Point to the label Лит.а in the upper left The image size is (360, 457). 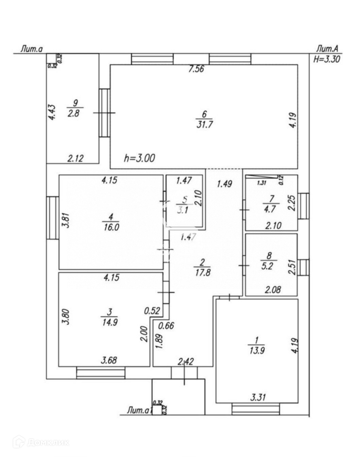pyautogui.click(x=31, y=49)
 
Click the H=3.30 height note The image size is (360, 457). pyautogui.click(x=326, y=59)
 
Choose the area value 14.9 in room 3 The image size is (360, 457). pyautogui.click(x=109, y=322)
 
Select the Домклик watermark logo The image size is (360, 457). pyautogui.click(x=41, y=442)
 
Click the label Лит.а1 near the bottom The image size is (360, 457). pyautogui.click(x=139, y=410)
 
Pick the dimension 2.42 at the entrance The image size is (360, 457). pyautogui.click(x=186, y=361)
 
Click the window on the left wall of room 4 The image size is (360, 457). pyautogui.click(x=53, y=218)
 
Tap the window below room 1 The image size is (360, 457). pyautogui.click(x=256, y=409)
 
